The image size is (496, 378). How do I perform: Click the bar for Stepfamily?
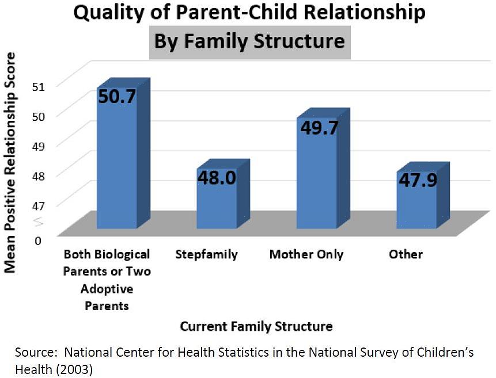[217, 201]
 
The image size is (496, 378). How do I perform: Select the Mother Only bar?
[316, 178]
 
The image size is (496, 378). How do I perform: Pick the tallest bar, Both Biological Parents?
[117, 167]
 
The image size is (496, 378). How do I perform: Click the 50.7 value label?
[117, 96]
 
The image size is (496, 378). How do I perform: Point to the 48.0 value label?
[217, 178]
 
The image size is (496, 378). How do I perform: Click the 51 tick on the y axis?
[38, 87]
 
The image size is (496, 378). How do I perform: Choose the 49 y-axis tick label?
[38, 146]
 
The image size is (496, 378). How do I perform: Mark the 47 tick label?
[38, 203]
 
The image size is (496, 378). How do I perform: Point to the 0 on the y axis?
[38, 240]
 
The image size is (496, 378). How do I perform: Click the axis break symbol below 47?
[38, 221]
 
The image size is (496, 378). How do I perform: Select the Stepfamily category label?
[207, 254]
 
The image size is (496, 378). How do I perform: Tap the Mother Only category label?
[306, 254]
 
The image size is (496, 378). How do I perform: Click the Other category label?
[406, 254]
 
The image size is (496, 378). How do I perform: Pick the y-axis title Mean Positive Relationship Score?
[10, 162]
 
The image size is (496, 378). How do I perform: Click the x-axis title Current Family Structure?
[256, 327]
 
